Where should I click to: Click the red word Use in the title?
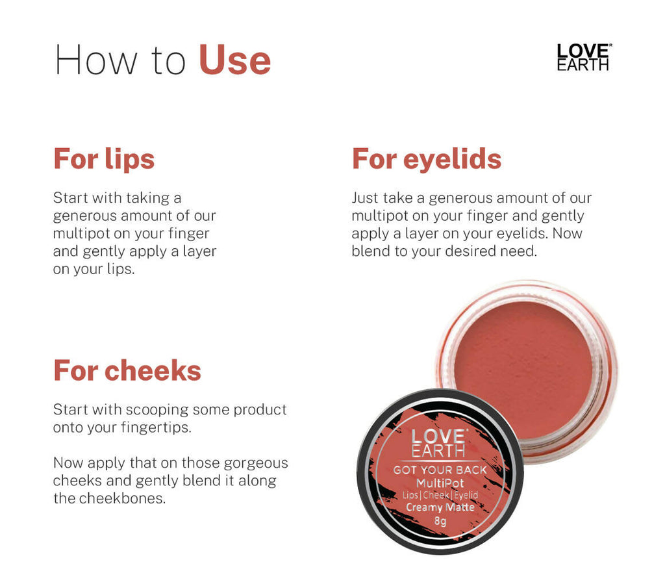point(234,60)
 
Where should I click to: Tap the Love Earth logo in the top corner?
point(584,57)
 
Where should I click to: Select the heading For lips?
point(104,159)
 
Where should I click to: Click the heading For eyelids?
point(427,159)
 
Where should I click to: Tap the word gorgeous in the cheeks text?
point(256,463)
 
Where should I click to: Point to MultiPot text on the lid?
point(440,483)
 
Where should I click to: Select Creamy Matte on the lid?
point(440,507)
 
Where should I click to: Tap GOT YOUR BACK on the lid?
point(440,470)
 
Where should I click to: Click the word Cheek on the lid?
point(440,495)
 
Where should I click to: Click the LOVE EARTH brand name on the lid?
point(439,443)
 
